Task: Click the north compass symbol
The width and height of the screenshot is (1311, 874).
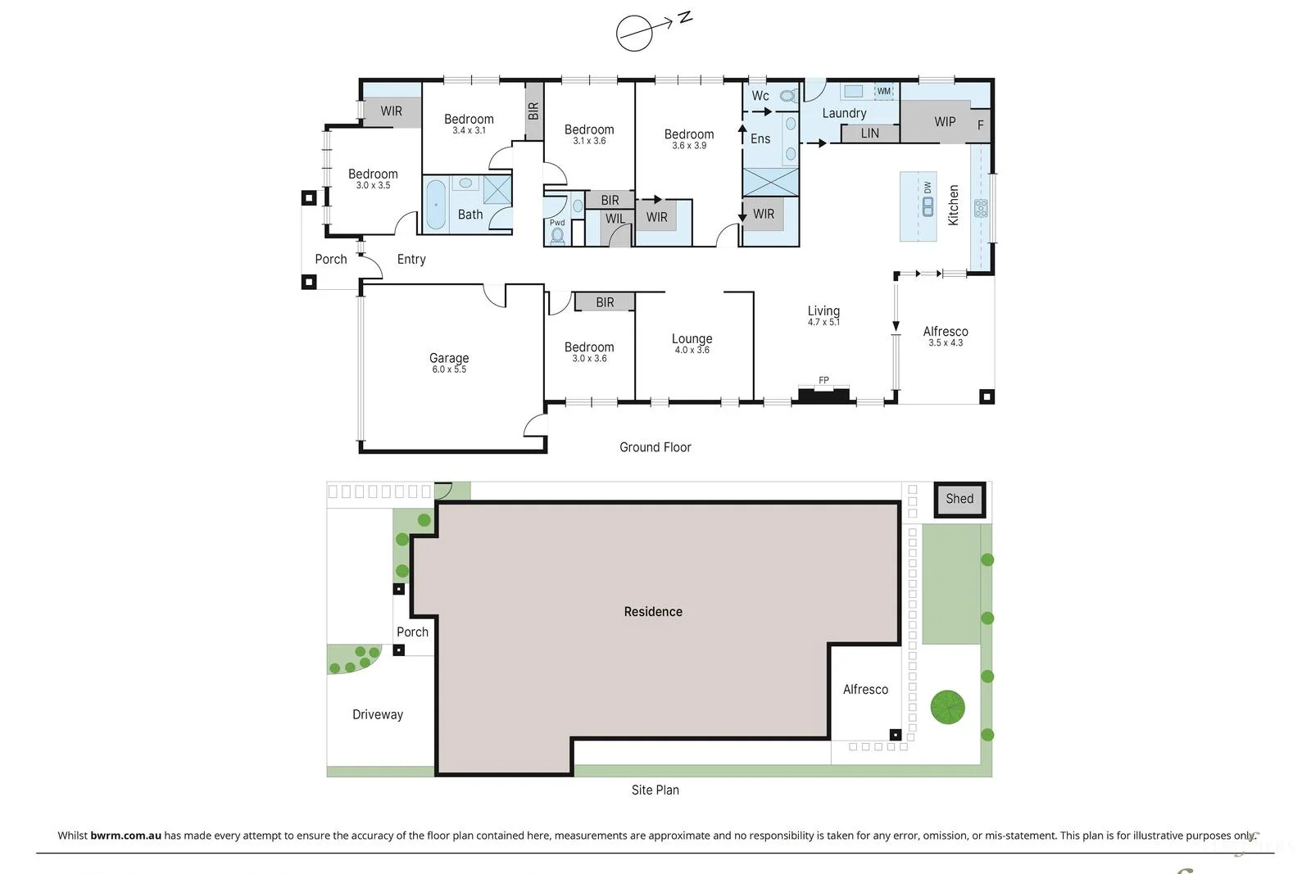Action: point(635,33)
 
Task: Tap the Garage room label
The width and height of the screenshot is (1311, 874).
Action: point(449,358)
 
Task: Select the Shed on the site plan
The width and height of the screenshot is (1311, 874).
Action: point(959,499)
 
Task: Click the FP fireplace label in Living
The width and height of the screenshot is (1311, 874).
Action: point(823,380)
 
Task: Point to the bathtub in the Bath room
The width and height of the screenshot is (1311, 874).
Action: point(436,205)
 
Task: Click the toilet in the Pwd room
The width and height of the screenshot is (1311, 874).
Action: point(558,235)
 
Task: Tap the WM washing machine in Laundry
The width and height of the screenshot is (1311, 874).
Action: point(884,91)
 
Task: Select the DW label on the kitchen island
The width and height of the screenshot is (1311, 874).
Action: point(928,188)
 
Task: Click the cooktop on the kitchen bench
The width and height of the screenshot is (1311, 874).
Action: point(981,208)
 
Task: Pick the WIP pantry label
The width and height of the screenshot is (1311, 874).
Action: point(945,121)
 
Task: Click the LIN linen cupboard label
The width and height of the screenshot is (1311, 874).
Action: point(870,133)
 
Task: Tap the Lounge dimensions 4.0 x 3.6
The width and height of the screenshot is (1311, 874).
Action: point(692,351)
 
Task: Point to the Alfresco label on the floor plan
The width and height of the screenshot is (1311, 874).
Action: point(946,332)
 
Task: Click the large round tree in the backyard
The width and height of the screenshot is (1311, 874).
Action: point(947,707)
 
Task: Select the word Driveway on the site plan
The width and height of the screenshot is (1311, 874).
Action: point(378,714)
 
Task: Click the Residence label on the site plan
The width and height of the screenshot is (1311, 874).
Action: point(653,612)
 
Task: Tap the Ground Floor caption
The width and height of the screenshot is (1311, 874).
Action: point(655,447)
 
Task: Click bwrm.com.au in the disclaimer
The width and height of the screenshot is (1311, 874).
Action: point(125,836)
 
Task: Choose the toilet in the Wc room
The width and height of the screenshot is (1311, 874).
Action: point(787,96)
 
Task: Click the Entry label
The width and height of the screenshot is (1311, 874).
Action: point(411,259)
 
